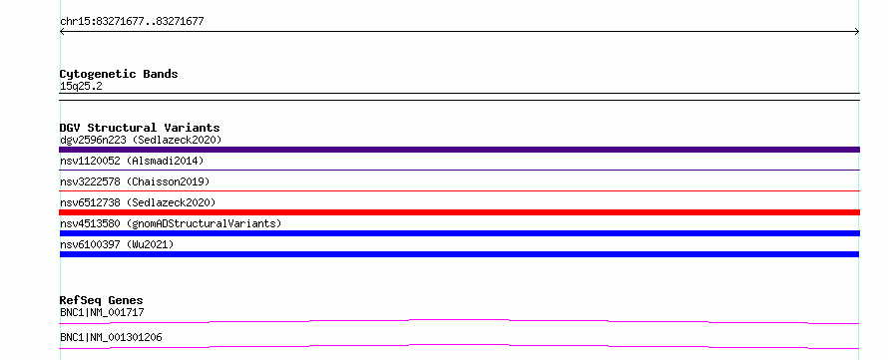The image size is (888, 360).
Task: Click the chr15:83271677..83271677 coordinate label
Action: point(132,22)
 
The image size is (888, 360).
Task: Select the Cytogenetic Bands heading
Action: point(119,74)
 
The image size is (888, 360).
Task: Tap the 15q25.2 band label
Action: point(81,87)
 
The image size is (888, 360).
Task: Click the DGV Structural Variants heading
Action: point(140,128)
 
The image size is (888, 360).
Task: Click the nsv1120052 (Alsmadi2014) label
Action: point(132,161)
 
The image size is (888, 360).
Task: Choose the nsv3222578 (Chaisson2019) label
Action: point(135,181)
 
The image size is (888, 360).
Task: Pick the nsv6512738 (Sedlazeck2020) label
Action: point(138,202)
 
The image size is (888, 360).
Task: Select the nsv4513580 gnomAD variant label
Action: point(171,223)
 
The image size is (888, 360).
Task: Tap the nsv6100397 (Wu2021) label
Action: point(117,244)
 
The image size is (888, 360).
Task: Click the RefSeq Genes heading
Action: point(102,300)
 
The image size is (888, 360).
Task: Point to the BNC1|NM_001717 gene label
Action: point(98,312)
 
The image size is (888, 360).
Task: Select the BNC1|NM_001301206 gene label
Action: point(111,337)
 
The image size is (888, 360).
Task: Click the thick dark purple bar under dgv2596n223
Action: point(459,150)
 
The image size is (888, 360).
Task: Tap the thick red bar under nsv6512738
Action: point(459,212)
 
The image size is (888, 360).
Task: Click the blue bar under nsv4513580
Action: point(459,233)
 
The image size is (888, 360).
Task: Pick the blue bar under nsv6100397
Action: point(459,254)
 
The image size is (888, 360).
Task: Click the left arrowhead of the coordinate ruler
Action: point(61,32)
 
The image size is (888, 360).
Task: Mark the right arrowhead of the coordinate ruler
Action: point(858,32)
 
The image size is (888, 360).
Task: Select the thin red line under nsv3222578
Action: point(459,191)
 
